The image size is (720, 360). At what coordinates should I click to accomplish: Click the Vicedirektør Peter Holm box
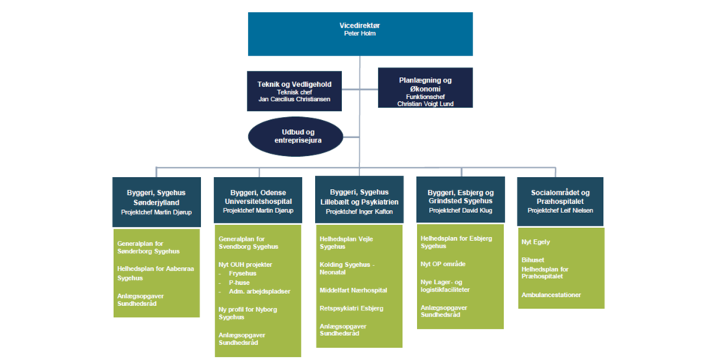[360, 34]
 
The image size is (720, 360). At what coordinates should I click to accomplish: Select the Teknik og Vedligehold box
[294, 91]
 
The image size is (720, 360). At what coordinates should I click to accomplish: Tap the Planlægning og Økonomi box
[425, 88]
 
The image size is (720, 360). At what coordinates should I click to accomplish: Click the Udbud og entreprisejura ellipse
[295, 136]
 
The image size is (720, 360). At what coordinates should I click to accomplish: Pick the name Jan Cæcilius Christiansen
[294, 100]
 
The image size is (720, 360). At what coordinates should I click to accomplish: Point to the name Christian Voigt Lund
[425, 103]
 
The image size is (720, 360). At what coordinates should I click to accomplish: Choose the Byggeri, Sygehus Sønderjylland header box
[156, 202]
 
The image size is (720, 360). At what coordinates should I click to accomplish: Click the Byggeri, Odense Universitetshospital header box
[257, 202]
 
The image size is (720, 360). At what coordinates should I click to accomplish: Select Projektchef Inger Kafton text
[358, 212]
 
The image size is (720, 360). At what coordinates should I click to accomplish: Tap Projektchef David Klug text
[460, 211]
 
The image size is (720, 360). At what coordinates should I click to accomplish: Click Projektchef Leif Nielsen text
[560, 211]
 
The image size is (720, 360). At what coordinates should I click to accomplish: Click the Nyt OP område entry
[442, 264]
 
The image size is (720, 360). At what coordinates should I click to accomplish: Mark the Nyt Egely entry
[535, 242]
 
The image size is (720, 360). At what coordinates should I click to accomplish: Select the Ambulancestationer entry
[551, 295]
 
